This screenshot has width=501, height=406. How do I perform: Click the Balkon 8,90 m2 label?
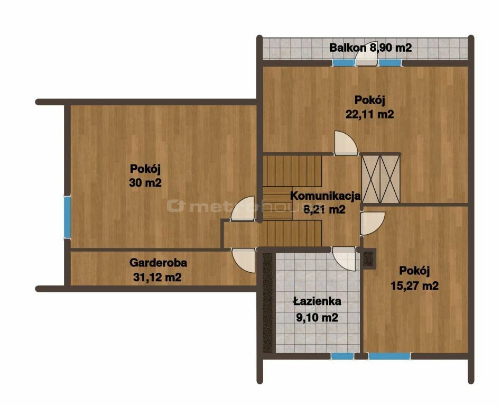tap(370, 48)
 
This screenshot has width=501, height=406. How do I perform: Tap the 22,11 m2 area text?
tap(370, 114)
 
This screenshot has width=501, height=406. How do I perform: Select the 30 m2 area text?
tap(145, 182)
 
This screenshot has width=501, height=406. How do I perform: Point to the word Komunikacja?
tap(325, 195)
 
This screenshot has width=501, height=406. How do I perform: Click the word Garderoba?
tap(158, 263)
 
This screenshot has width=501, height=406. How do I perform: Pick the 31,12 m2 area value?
tap(157, 277)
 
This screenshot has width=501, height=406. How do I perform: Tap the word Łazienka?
tap(317, 301)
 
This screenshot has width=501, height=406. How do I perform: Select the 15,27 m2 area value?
tap(414, 285)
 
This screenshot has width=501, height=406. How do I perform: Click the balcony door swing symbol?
tap(366, 58)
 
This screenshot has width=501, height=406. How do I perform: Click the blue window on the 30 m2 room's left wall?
tap(67, 217)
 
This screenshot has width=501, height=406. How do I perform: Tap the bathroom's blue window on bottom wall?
tap(342, 356)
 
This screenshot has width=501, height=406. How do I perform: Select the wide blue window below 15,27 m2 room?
tap(389, 356)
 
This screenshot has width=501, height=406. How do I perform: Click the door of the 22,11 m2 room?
tap(346, 143)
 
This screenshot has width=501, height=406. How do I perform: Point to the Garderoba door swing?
tap(244, 260)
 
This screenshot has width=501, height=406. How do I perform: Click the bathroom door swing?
tap(344, 259)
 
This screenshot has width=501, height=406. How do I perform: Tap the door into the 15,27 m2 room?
tap(373, 224)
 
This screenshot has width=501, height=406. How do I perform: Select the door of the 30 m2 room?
tap(243, 208)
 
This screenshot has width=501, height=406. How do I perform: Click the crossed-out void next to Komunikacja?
tap(381, 179)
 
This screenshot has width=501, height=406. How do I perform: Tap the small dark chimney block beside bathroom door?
tap(368, 259)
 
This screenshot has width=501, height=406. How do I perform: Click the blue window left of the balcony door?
tap(344, 63)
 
